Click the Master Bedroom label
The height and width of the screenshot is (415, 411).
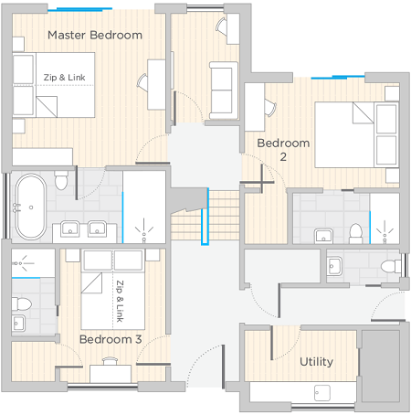pyautogui.click(x=95, y=35)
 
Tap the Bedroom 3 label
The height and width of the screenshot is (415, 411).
pyautogui.click(x=111, y=339)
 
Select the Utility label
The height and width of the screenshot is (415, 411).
pyautogui.click(x=316, y=362)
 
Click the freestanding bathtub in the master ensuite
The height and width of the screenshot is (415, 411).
pyautogui.click(x=31, y=207)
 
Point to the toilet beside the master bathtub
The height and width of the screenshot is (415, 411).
pyautogui.click(x=61, y=180)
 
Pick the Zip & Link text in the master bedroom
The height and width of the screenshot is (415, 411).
pyautogui.click(x=64, y=78)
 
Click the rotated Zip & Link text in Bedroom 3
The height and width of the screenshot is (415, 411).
pyautogui.click(x=120, y=301)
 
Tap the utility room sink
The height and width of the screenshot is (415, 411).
pyautogui.click(x=322, y=393)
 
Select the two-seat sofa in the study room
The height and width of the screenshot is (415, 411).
pyautogui.click(x=224, y=90)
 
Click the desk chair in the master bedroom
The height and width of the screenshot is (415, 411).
pyautogui.click(x=142, y=82)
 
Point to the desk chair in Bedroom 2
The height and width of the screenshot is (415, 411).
pyautogui.click(x=270, y=108)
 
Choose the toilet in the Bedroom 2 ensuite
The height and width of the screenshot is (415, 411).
pyautogui.click(x=355, y=234)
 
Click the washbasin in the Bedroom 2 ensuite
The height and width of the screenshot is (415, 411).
pyautogui.click(x=323, y=236)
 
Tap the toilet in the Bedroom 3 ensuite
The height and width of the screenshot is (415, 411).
pyautogui.click(x=21, y=303)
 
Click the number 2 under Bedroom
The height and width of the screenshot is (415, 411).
pyautogui.click(x=283, y=157)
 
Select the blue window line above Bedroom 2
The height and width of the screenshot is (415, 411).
pyautogui.click(x=338, y=77)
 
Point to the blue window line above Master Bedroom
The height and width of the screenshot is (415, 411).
pyautogui.click(x=79, y=9)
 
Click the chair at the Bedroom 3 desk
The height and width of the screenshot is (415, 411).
pyautogui.click(x=110, y=361)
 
